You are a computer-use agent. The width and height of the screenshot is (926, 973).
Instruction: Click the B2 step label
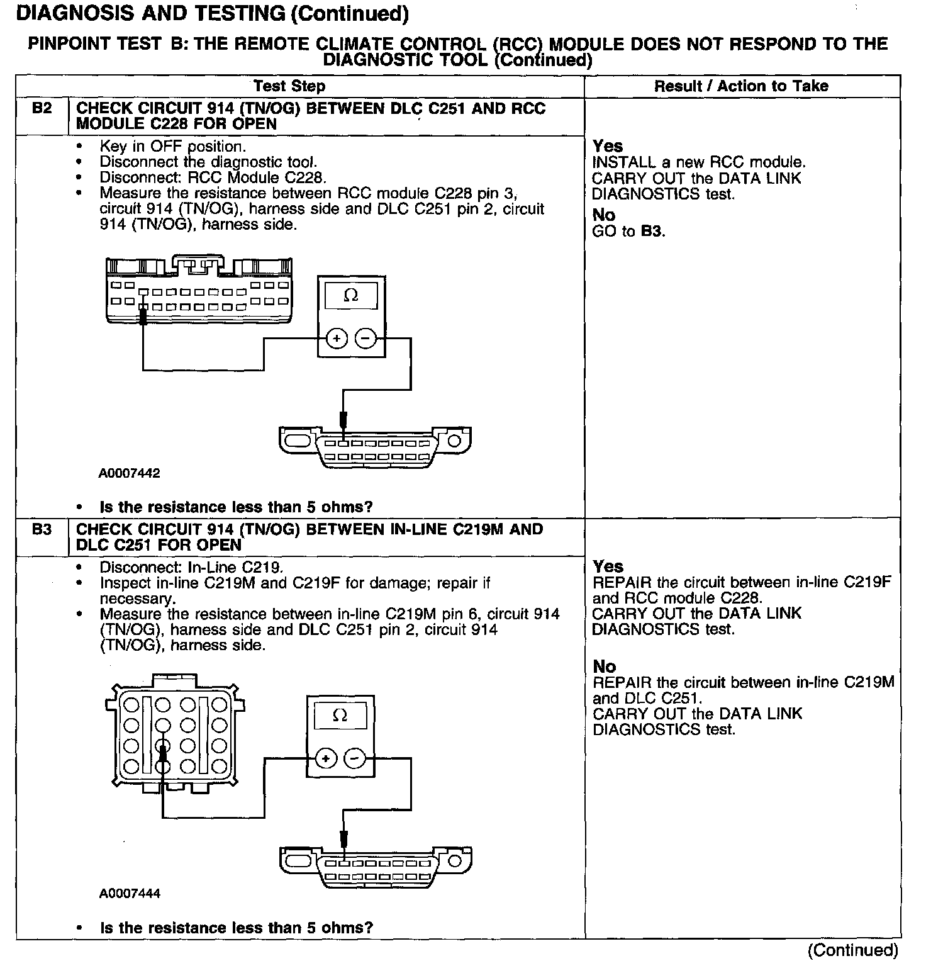(42, 108)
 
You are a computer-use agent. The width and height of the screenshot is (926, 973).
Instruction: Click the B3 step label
(42, 529)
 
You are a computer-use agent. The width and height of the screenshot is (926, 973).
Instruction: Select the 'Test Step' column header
(289, 86)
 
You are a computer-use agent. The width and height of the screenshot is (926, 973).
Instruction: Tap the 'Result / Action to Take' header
(741, 86)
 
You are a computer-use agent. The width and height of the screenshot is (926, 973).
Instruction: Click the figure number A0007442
(129, 473)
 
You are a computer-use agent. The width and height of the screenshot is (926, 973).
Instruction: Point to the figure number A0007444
(129, 894)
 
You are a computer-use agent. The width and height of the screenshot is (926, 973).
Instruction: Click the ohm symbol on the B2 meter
(351, 295)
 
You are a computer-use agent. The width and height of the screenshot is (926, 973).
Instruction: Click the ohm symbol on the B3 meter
(340, 715)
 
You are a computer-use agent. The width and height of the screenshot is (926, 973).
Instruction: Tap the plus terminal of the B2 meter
(337, 339)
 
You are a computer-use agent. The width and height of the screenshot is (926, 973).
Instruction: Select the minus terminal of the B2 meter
(365, 339)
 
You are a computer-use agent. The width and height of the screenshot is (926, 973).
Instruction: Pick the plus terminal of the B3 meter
(326, 758)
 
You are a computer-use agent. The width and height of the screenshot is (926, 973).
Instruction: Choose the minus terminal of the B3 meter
(354, 758)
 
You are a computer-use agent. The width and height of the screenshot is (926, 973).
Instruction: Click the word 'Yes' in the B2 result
(608, 146)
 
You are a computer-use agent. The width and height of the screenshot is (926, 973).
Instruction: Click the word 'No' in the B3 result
(604, 666)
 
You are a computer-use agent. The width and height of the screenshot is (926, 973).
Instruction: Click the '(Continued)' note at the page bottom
(853, 950)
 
